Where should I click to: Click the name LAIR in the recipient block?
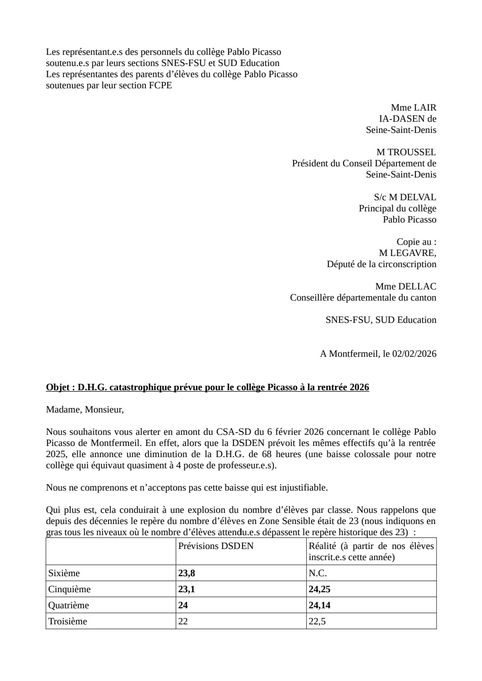[x=425, y=107]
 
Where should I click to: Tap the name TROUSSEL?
[x=411, y=152]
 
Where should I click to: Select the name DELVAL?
[x=418, y=197]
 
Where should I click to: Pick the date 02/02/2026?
[x=414, y=354]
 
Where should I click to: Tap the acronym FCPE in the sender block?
[x=160, y=85]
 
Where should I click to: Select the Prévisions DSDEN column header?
[x=216, y=546]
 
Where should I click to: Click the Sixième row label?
[x=64, y=573]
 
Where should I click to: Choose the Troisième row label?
[x=67, y=621]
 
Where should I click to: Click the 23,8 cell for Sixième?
[x=187, y=573]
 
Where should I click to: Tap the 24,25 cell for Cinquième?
[x=320, y=589]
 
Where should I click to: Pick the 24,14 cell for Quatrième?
[x=320, y=605]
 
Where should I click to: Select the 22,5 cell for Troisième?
[x=317, y=621]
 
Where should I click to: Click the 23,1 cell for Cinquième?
[x=187, y=589]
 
